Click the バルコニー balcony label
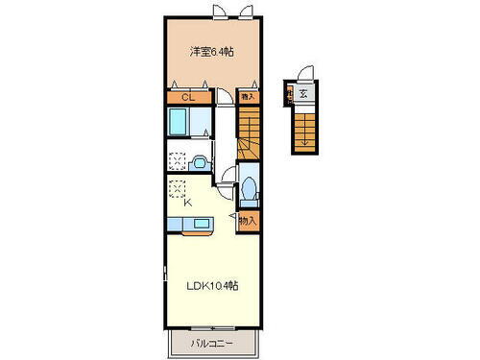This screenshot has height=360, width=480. [x=214, y=343]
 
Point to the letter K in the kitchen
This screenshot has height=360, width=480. [x=187, y=202]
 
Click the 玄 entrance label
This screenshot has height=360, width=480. [x=302, y=93]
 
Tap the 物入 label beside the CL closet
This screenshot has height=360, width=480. [x=248, y=96]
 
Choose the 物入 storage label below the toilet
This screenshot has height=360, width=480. [x=248, y=222]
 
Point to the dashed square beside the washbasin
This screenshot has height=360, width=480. [x=178, y=160]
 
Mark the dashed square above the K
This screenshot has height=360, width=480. [x=178, y=188]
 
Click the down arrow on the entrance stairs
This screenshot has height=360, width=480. [x=304, y=134]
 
